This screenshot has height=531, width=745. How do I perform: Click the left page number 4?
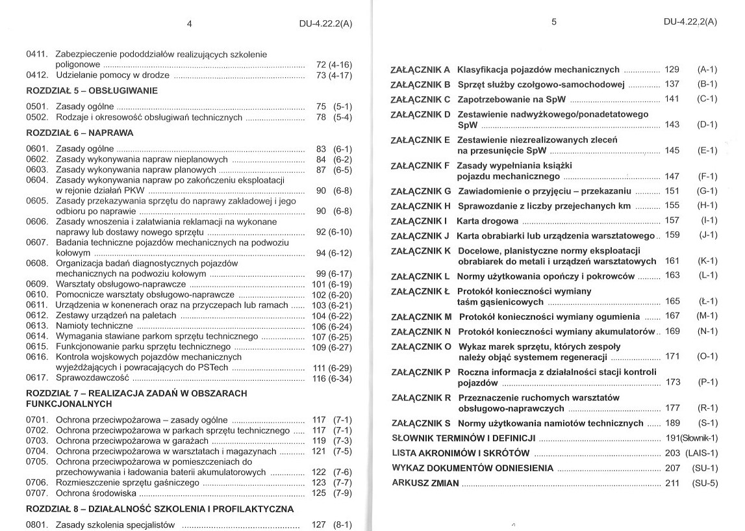pos(189,23)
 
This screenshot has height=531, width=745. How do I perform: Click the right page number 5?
pos(554,21)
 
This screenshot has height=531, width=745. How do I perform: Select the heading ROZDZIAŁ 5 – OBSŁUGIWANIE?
pos(92,90)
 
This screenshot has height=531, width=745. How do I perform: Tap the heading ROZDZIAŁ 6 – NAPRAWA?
pos(79,133)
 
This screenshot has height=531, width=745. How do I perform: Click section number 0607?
pos(36,242)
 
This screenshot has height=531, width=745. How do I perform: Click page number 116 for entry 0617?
pos(319,378)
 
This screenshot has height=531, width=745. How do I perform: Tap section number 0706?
pos(36,482)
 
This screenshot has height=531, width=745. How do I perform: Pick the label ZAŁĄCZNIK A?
pos(420,70)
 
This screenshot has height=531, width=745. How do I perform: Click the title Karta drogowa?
pos(488,220)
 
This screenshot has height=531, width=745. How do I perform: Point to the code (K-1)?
pos(707,261)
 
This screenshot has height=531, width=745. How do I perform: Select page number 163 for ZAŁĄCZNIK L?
pos(672,276)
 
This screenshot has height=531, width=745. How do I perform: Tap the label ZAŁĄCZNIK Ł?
pos(420,291)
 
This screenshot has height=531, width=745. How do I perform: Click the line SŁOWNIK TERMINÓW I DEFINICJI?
pos(463,437)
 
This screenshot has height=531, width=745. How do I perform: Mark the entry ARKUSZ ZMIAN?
pos(425,483)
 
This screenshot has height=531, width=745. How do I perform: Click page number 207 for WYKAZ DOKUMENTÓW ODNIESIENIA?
pos(672,468)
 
